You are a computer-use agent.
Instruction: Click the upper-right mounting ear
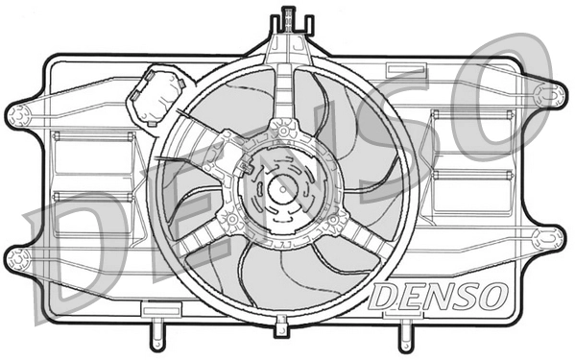552,94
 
